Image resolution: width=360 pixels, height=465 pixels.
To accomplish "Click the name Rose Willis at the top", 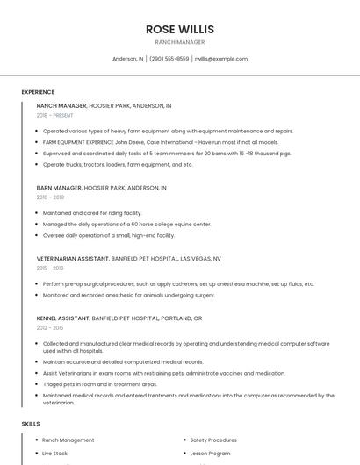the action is tap(179, 29).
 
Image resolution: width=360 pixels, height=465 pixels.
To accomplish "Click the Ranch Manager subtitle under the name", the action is tap(179, 42).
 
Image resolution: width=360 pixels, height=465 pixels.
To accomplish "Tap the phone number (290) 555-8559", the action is tap(169, 59).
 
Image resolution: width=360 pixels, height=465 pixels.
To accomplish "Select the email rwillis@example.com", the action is tap(221, 59).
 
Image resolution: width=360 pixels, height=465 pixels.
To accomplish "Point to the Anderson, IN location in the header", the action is tap(127, 59).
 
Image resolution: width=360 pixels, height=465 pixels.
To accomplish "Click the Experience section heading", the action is tap(38, 92).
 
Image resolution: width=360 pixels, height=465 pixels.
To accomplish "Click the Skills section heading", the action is tap(31, 424).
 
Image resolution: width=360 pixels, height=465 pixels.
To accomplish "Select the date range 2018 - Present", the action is tap(55, 115).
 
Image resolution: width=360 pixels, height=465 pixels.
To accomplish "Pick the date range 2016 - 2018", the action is tap(50, 197).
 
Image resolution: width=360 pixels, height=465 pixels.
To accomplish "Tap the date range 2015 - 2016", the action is tap(50, 268).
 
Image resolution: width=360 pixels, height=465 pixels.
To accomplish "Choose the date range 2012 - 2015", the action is tap(50, 327).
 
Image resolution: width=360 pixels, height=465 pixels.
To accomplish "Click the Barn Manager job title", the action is tap(59, 188).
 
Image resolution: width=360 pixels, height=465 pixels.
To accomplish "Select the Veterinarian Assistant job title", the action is tap(72, 259).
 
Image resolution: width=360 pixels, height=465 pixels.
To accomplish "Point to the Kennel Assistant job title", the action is tap(62, 318).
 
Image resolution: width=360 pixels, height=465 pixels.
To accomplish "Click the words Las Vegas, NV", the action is tap(201, 259).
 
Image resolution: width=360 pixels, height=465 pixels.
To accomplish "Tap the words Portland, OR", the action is tap(185, 318).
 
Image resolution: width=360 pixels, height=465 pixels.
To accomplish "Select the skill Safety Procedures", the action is tap(213, 440).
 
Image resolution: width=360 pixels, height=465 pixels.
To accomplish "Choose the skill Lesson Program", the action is tap(210, 454).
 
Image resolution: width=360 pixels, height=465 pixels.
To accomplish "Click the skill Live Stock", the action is tap(54, 454).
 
